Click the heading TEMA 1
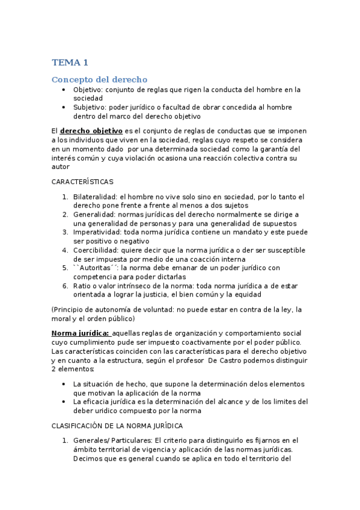pos(70,63)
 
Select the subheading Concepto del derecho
pos(99,79)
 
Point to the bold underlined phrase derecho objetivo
pos(91,131)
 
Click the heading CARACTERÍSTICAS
pos(82,181)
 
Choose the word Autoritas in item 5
pos(96,268)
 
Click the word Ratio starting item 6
pos(82,286)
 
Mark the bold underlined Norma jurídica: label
pos(80,333)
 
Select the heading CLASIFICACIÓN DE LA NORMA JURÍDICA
pos(117,425)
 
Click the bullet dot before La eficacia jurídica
pos(64,401)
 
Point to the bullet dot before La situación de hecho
pos(64,384)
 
